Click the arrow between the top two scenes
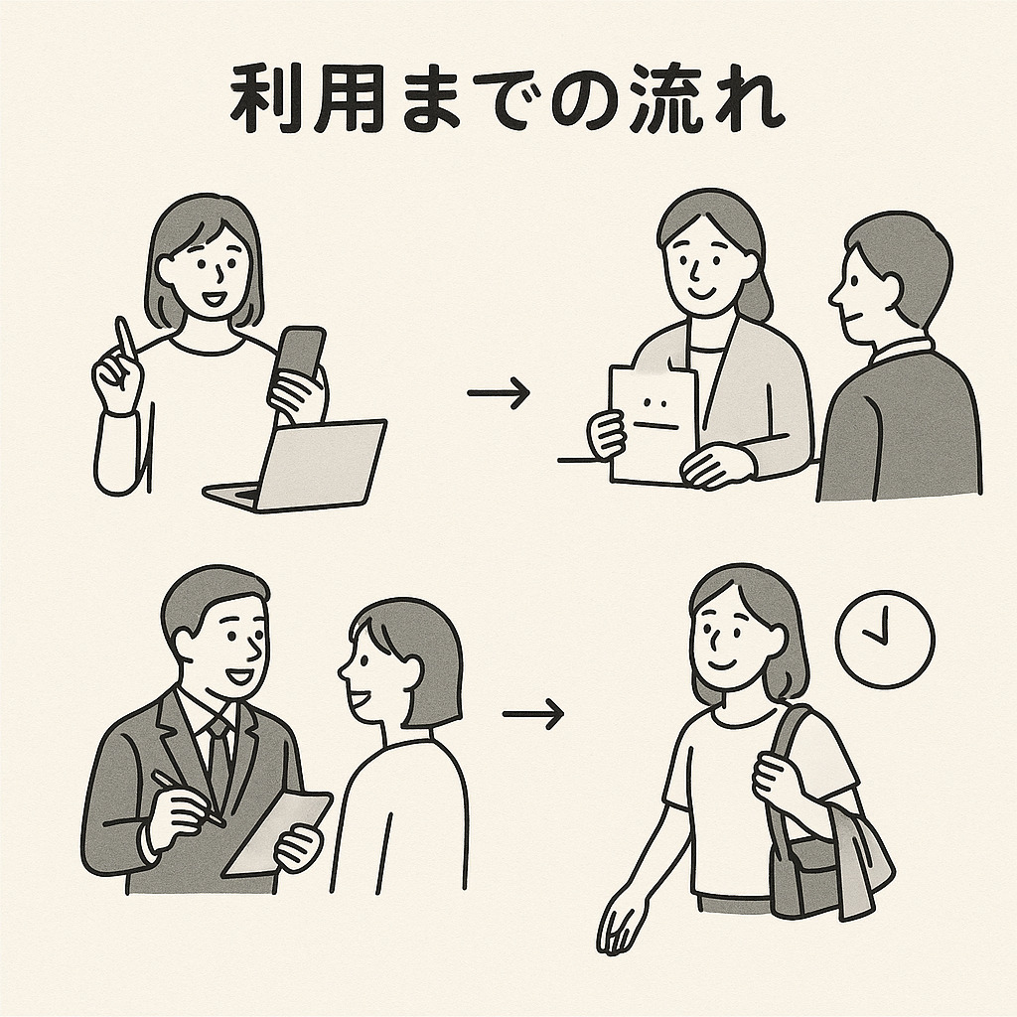coord(499,392)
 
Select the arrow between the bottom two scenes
coord(533,713)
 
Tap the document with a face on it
coord(653,425)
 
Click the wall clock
coord(885,639)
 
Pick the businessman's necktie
coord(219,759)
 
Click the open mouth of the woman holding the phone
coord(213,300)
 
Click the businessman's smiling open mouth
coord(241,677)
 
